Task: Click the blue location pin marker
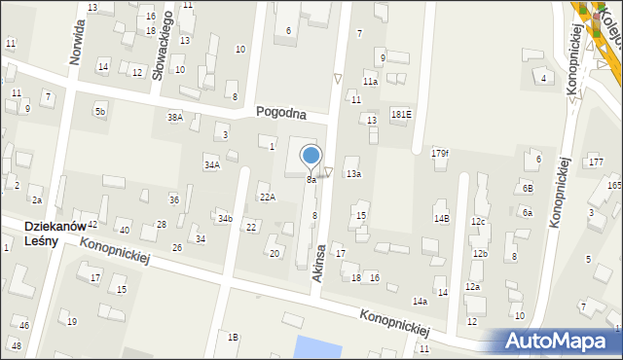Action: [311, 157]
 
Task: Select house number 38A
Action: [174, 117]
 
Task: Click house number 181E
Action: [401, 114]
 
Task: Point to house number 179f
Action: [440, 153]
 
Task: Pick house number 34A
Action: [211, 165]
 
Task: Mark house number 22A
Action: [267, 197]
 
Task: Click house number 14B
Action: [442, 219]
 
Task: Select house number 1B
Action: [233, 337]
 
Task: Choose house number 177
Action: [596, 161]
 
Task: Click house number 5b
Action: [99, 112]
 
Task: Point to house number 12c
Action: [478, 222]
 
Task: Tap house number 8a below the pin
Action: [311, 180]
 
